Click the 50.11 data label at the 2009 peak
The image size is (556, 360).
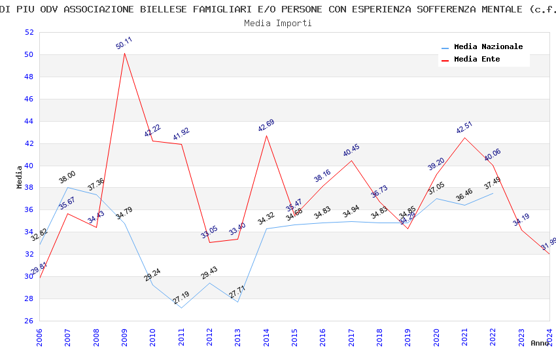(x=124, y=43)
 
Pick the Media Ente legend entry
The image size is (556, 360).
(x=477, y=60)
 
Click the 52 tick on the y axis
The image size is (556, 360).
(x=29, y=33)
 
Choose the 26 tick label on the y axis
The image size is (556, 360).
(x=29, y=321)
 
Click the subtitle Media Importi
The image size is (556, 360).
(x=278, y=23)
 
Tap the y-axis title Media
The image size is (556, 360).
(x=20, y=177)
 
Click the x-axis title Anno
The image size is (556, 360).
(x=540, y=343)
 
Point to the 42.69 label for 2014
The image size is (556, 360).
(x=266, y=126)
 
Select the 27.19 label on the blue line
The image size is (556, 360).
(x=181, y=298)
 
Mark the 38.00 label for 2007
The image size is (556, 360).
(x=67, y=177)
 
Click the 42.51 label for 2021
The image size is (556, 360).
(x=464, y=128)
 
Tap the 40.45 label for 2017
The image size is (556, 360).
(x=351, y=151)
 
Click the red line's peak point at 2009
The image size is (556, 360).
(x=124, y=53)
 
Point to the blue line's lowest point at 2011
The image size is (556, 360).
(x=181, y=308)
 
